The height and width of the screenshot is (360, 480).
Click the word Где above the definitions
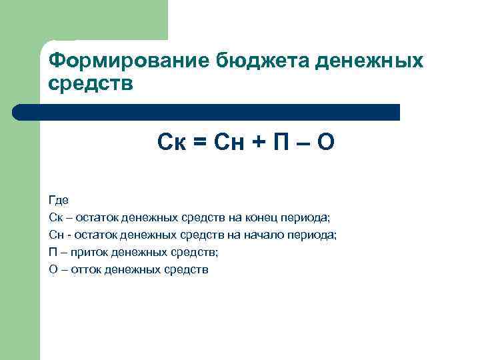pyautogui.click(x=58, y=200)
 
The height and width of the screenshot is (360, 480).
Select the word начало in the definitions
pyautogui.click(x=265, y=235)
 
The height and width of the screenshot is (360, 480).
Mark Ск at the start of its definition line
pyautogui.click(x=55, y=217)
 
